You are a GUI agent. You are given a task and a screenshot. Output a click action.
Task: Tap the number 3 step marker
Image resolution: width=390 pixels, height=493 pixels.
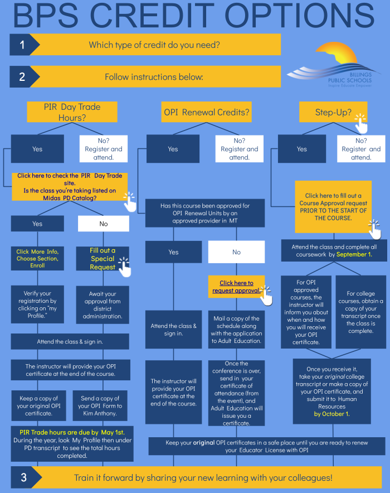click(24, 477)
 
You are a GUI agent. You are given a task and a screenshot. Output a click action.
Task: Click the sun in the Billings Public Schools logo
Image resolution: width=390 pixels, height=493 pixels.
click(338, 54)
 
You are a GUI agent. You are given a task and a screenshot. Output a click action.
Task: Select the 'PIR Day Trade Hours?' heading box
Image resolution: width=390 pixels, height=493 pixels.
click(72, 112)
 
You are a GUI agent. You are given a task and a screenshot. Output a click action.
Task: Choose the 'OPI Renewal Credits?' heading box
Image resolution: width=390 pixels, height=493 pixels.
click(206, 112)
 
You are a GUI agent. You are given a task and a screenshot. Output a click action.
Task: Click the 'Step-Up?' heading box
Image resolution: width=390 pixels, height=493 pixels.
click(333, 112)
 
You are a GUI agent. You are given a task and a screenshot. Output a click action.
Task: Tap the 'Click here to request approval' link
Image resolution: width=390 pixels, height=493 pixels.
click(236, 287)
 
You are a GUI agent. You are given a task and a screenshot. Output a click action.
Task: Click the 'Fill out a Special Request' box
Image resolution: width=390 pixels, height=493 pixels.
click(103, 258)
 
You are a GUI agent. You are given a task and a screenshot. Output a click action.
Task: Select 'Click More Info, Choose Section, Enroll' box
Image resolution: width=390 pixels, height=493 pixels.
click(37, 258)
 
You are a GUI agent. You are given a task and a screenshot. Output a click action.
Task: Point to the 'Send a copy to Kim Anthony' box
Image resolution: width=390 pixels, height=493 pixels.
click(100, 405)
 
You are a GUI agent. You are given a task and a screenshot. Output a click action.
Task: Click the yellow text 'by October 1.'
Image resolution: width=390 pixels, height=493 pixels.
click(331, 414)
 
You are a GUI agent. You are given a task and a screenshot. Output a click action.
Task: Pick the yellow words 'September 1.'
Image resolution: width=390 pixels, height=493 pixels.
click(354, 254)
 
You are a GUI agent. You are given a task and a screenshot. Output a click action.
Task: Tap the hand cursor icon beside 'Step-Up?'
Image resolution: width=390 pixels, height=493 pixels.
click(361, 124)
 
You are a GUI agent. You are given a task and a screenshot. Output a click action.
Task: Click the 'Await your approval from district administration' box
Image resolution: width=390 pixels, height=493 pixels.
click(103, 304)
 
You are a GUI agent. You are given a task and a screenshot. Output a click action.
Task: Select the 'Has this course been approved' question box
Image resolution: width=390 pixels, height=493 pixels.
click(205, 213)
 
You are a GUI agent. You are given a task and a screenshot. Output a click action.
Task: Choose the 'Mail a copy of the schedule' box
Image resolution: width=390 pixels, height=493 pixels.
click(236, 330)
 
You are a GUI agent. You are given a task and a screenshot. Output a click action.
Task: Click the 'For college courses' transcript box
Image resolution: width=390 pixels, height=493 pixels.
click(361, 312)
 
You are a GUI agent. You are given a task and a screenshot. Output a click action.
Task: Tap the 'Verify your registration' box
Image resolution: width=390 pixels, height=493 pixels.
click(37, 304)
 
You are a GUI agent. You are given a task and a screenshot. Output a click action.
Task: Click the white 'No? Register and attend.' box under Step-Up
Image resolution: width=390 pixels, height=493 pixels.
click(361, 149)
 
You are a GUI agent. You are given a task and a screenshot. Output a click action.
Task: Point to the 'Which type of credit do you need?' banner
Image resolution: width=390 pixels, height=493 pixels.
click(154, 45)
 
